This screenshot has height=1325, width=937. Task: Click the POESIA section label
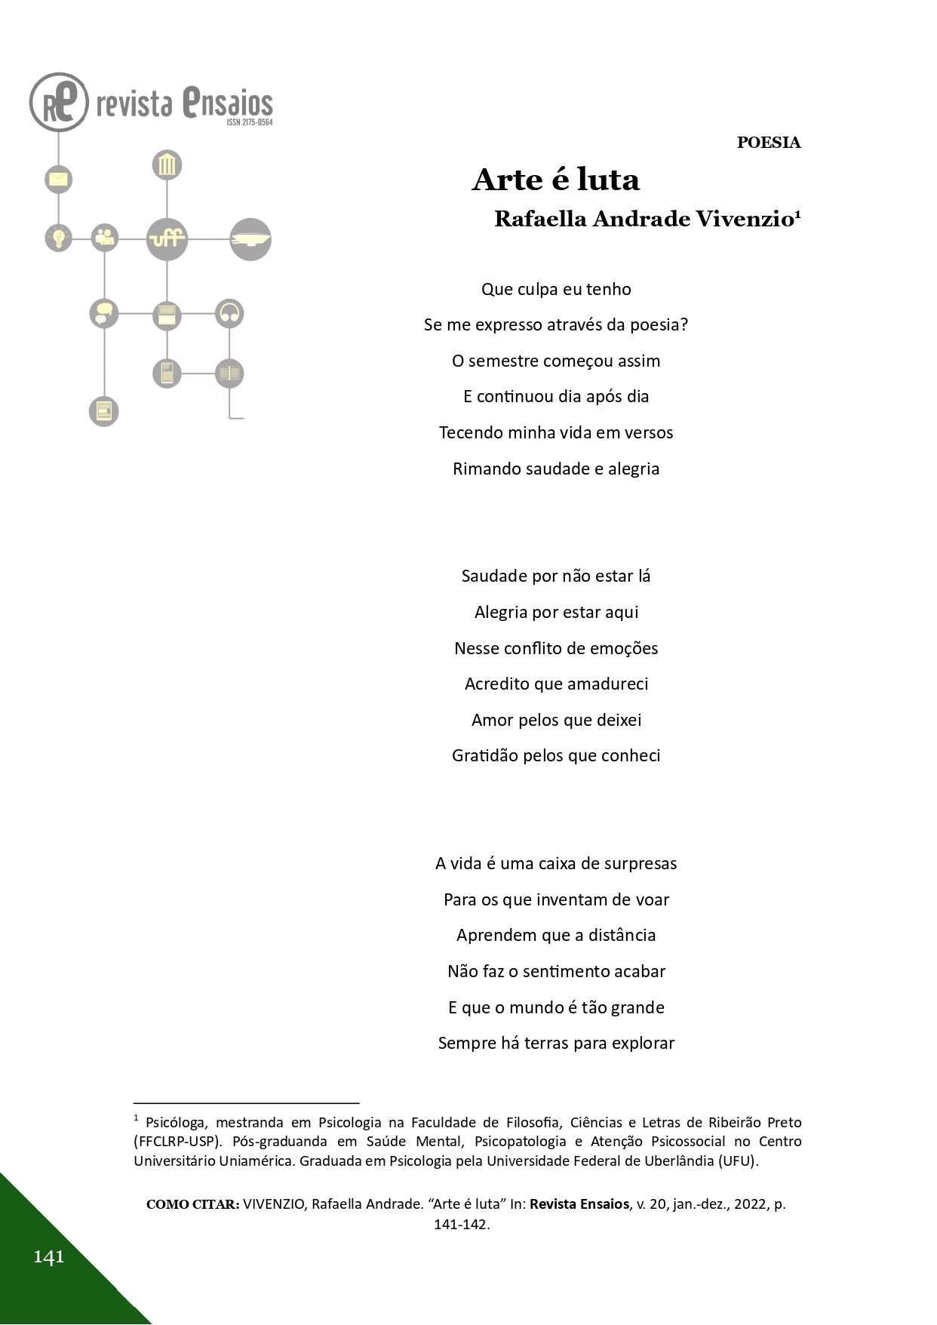coord(768,143)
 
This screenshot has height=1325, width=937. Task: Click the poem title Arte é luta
coord(556,180)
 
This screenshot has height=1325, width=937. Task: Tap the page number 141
coord(48,1256)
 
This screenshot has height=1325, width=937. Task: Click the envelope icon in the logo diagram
coord(58,180)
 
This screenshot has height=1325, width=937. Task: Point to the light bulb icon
coord(58,238)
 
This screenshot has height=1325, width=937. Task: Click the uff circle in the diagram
coord(167,238)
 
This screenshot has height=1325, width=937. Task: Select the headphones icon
coord(229,313)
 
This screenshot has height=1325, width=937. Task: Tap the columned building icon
coord(167,165)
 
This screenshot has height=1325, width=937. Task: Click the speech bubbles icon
coord(104,313)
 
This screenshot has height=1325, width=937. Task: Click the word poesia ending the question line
coord(659,325)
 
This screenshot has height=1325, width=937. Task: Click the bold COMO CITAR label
coord(193,1204)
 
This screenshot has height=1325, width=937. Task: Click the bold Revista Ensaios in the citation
coord(579,1204)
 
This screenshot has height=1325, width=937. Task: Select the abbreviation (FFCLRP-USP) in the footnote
coord(178,1142)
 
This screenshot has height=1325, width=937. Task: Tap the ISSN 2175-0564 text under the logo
coord(249,122)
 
